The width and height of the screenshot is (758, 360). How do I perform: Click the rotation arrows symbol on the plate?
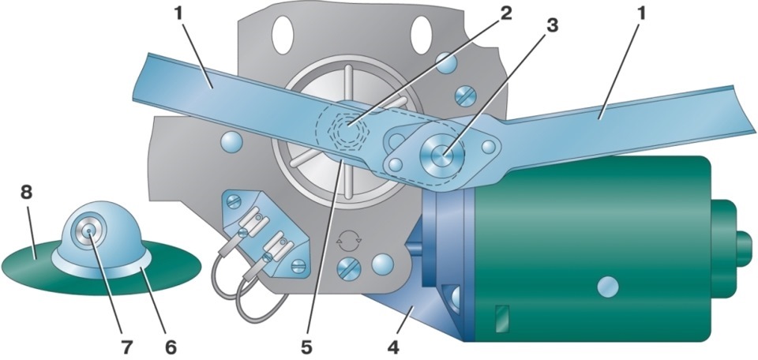coord(348,238)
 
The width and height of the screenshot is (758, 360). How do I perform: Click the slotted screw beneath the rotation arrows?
coord(348,268)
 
